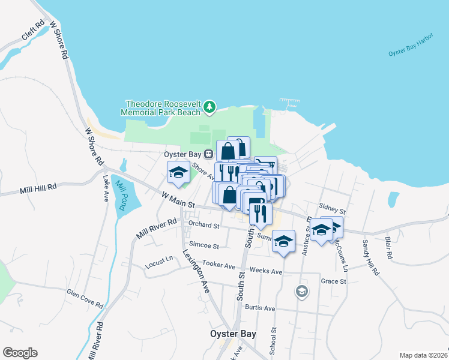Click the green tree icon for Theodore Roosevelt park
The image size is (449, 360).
(x=209, y=107)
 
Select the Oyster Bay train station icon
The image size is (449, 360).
(x=208, y=154)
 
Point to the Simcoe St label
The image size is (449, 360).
(x=205, y=245)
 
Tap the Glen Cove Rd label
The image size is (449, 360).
(x=85, y=297)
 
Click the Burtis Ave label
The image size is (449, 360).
(x=259, y=308)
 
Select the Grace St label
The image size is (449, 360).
(x=334, y=281)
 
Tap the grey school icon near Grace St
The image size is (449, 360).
(x=301, y=292)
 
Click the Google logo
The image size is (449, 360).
(x=20, y=353)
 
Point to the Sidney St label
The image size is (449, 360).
(x=333, y=211)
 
